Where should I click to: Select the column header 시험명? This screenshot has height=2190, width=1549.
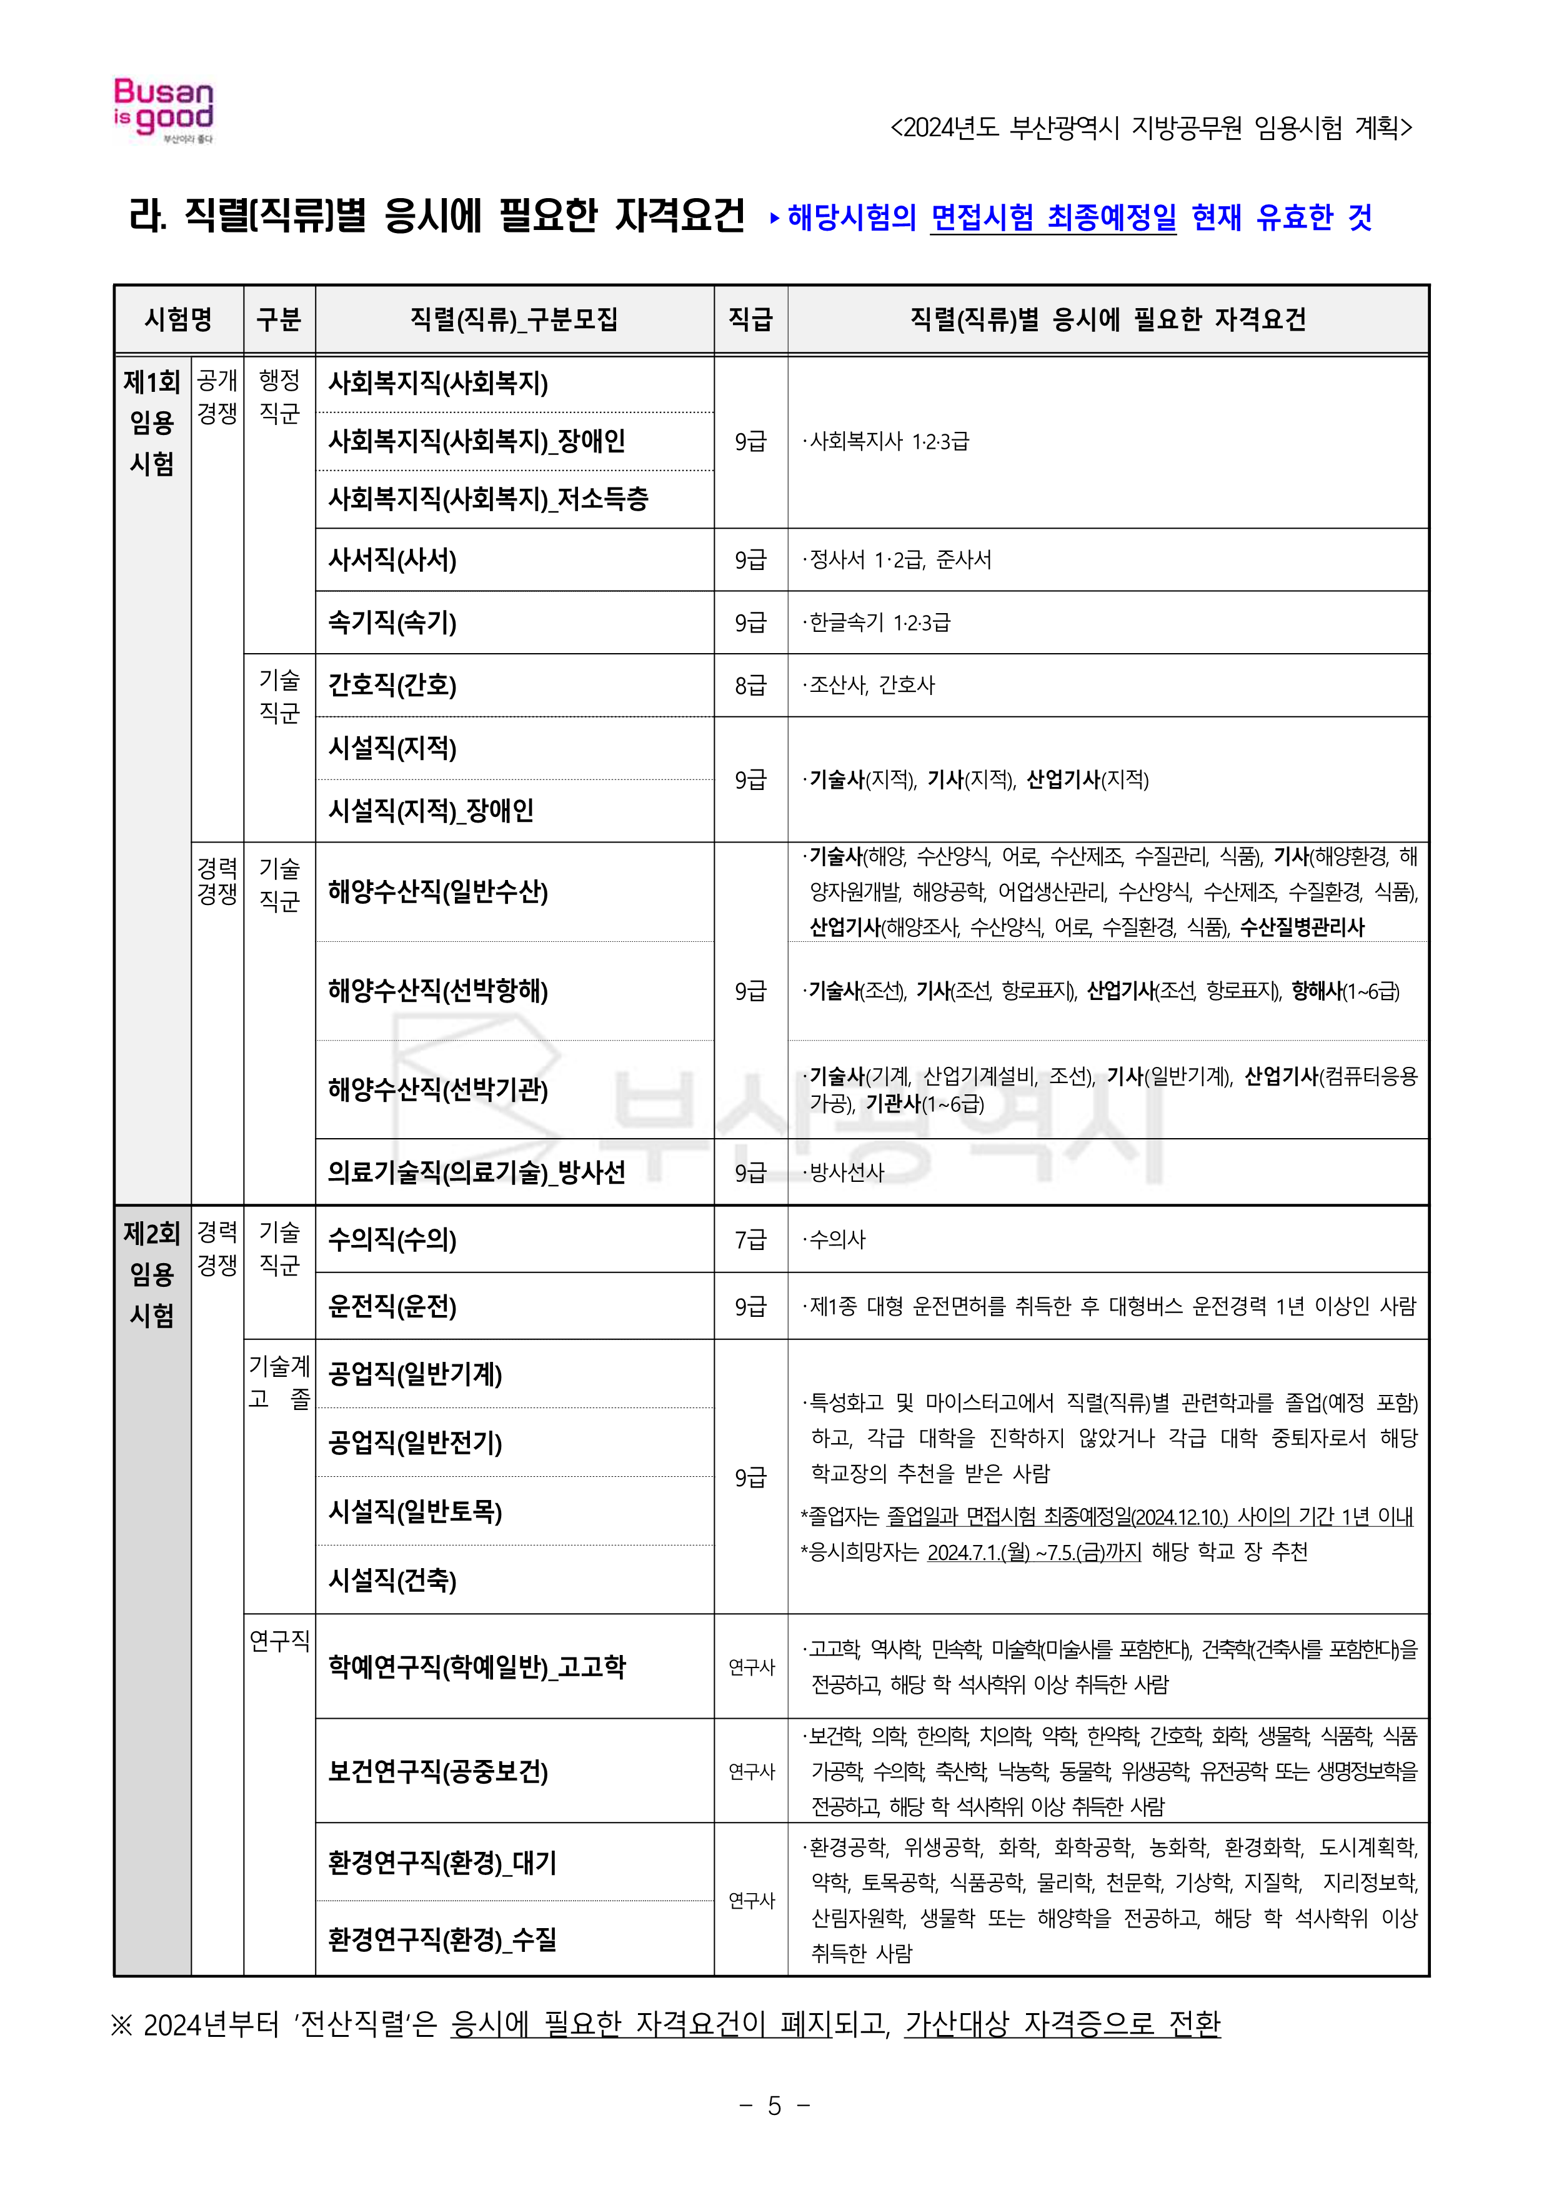(178, 319)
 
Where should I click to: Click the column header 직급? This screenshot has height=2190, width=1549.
(750, 319)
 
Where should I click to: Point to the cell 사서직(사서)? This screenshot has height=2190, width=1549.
(393, 560)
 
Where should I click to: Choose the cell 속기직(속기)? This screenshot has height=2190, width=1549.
(393, 623)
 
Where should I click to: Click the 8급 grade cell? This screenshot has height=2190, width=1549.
(750, 686)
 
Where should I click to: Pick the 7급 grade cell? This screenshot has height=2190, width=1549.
(750, 1240)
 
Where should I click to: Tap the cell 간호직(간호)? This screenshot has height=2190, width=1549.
(393, 686)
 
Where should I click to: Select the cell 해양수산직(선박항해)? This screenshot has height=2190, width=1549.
(439, 991)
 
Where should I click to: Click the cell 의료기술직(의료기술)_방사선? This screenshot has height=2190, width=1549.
(477, 1172)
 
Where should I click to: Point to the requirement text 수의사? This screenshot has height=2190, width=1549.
(837, 1240)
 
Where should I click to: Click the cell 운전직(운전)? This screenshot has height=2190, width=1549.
(393, 1306)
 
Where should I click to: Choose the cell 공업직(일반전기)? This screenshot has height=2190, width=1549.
(416, 1443)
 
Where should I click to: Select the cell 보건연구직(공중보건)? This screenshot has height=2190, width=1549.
(439, 1771)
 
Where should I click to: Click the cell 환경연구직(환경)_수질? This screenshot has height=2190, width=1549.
(442, 1939)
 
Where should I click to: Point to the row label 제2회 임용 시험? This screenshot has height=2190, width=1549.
(152, 1274)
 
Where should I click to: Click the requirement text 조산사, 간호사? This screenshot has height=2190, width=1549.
(872, 686)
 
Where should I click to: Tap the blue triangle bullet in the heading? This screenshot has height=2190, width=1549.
(775, 218)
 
